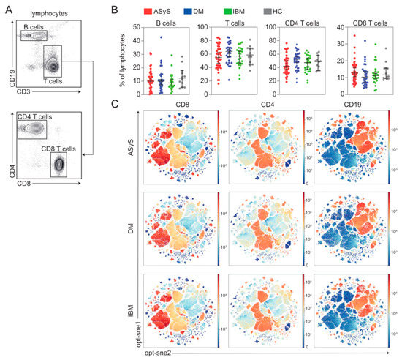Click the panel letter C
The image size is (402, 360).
(111, 104)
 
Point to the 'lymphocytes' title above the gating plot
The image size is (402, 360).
(45, 13)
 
